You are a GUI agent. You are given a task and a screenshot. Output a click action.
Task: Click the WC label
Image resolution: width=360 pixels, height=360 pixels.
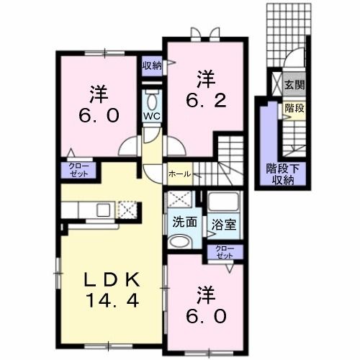click(152, 117)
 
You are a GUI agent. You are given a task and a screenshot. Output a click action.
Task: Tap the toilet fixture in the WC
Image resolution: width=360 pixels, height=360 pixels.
click(152, 99)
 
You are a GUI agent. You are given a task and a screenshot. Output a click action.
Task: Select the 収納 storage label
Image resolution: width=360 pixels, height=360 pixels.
click(151, 66)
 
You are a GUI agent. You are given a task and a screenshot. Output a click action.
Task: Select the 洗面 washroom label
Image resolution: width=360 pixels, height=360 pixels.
click(184, 222)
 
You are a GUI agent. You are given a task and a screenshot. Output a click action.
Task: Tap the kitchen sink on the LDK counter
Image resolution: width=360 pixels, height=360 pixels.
click(102, 210)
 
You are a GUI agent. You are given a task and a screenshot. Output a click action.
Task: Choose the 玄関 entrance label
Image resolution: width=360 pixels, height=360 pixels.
click(294, 85)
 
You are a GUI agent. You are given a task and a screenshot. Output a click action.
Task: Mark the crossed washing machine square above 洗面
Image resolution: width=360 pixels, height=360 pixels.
click(180, 200)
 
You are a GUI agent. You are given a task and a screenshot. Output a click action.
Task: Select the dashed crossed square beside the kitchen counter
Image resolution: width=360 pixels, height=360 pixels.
click(127, 210)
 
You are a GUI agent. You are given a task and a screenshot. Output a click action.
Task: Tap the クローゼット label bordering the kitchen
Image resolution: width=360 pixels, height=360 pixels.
click(78, 171)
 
